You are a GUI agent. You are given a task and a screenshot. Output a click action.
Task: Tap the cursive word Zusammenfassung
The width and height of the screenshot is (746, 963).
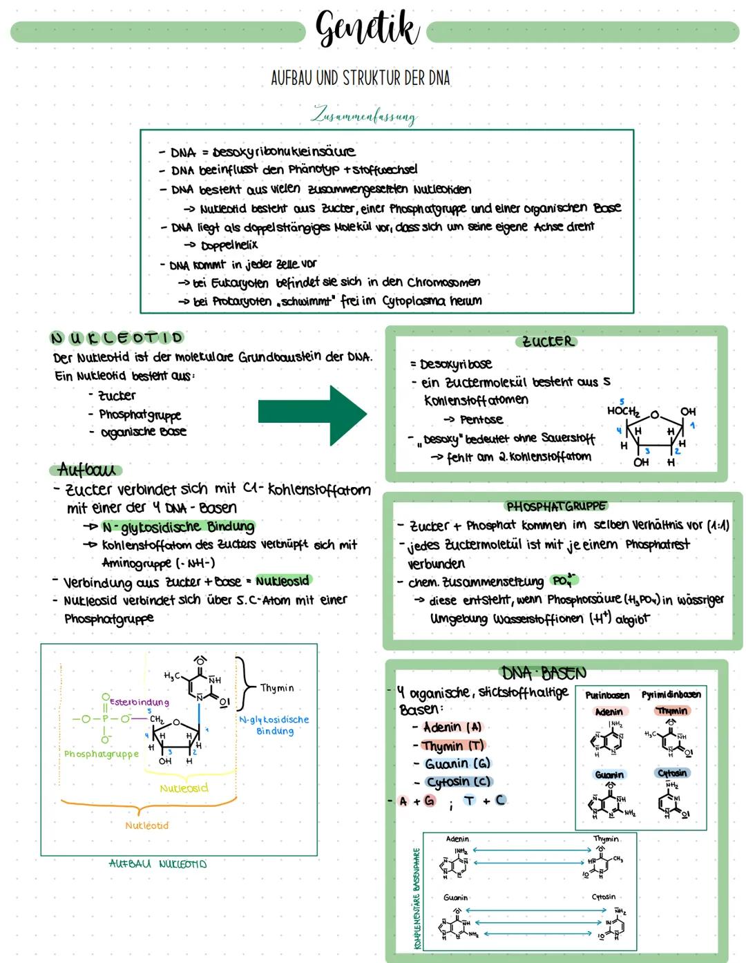(x=364, y=115)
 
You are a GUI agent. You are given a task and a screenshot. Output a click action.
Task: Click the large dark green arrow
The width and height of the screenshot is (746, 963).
(x=312, y=413)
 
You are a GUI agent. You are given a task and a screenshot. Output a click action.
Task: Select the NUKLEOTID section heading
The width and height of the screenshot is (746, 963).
(x=117, y=338)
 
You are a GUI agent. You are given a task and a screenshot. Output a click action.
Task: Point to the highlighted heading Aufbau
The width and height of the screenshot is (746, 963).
(x=86, y=470)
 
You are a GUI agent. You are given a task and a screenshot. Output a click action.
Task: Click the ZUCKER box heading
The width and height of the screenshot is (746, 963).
(x=547, y=341)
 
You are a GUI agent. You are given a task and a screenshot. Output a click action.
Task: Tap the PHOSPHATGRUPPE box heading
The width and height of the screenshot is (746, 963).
(x=556, y=506)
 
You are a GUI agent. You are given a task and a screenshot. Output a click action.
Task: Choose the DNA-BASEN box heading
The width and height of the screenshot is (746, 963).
(x=544, y=672)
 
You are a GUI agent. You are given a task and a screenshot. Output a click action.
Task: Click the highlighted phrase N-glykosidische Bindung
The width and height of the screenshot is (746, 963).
(x=178, y=527)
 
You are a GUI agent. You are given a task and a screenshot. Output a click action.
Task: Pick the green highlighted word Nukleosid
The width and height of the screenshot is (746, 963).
(x=283, y=581)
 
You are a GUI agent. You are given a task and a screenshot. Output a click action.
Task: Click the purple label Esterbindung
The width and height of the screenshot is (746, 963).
(x=139, y=702)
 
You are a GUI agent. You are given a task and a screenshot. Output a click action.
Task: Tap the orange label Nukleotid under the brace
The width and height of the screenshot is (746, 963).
(x=146, y=826)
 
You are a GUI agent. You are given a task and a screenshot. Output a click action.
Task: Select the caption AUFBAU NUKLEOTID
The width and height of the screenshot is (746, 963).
(x=157, y=864)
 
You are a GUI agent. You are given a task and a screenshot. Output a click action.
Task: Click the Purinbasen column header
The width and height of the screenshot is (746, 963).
(x=607, y=694)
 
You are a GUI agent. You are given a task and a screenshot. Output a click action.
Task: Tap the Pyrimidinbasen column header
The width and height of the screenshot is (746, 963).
(x=671, y=694)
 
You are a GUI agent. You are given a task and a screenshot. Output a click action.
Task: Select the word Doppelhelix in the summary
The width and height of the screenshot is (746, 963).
(x=229, y=245)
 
